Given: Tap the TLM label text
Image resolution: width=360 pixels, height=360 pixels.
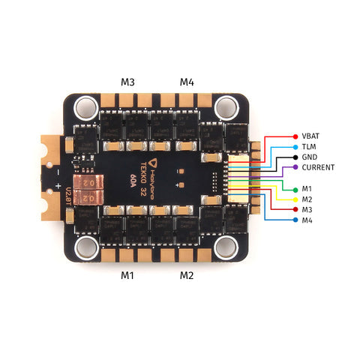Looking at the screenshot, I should point(309,148).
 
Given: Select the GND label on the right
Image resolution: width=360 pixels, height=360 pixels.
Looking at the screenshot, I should point(310,157).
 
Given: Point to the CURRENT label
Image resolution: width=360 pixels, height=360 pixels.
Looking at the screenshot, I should point(318,167).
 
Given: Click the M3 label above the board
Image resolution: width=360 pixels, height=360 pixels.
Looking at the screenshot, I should point(127,81).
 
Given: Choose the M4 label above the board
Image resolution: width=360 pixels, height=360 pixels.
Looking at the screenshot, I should point(186,81).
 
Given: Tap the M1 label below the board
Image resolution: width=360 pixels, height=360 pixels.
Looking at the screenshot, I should point(127,275).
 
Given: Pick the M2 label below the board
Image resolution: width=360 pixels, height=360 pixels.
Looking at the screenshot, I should point(187,275).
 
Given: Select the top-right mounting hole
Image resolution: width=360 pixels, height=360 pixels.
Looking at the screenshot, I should point(224,109).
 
